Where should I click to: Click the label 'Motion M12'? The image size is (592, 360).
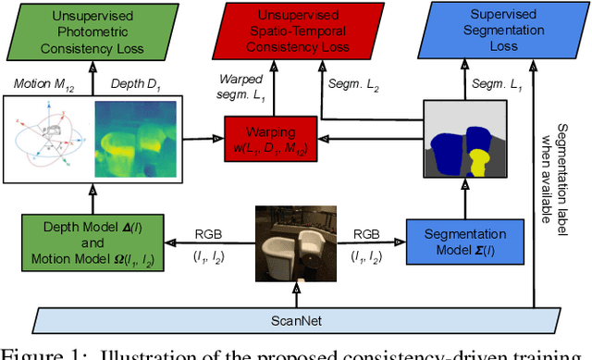[x=43, y=85]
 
